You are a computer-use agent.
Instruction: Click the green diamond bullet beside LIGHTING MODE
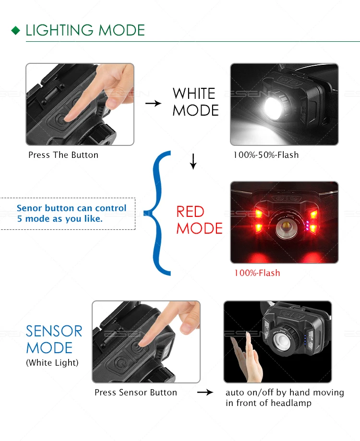click(16, 30)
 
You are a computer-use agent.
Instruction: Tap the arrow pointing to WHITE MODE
click(153, 103)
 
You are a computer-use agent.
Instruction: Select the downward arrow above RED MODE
click(193, 161)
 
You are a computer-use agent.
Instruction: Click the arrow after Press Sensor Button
click(205, 392)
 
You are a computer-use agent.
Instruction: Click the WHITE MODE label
click(195, 102)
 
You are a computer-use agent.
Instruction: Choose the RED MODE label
click(199, 220)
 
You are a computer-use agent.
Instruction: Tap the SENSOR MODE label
click(54, 339)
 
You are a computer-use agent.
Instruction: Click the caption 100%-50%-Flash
click(266, 155)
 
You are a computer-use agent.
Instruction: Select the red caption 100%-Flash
click(257, 273)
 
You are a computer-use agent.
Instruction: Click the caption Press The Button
click(63, 155)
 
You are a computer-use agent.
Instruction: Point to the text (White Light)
click(52, 363)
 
